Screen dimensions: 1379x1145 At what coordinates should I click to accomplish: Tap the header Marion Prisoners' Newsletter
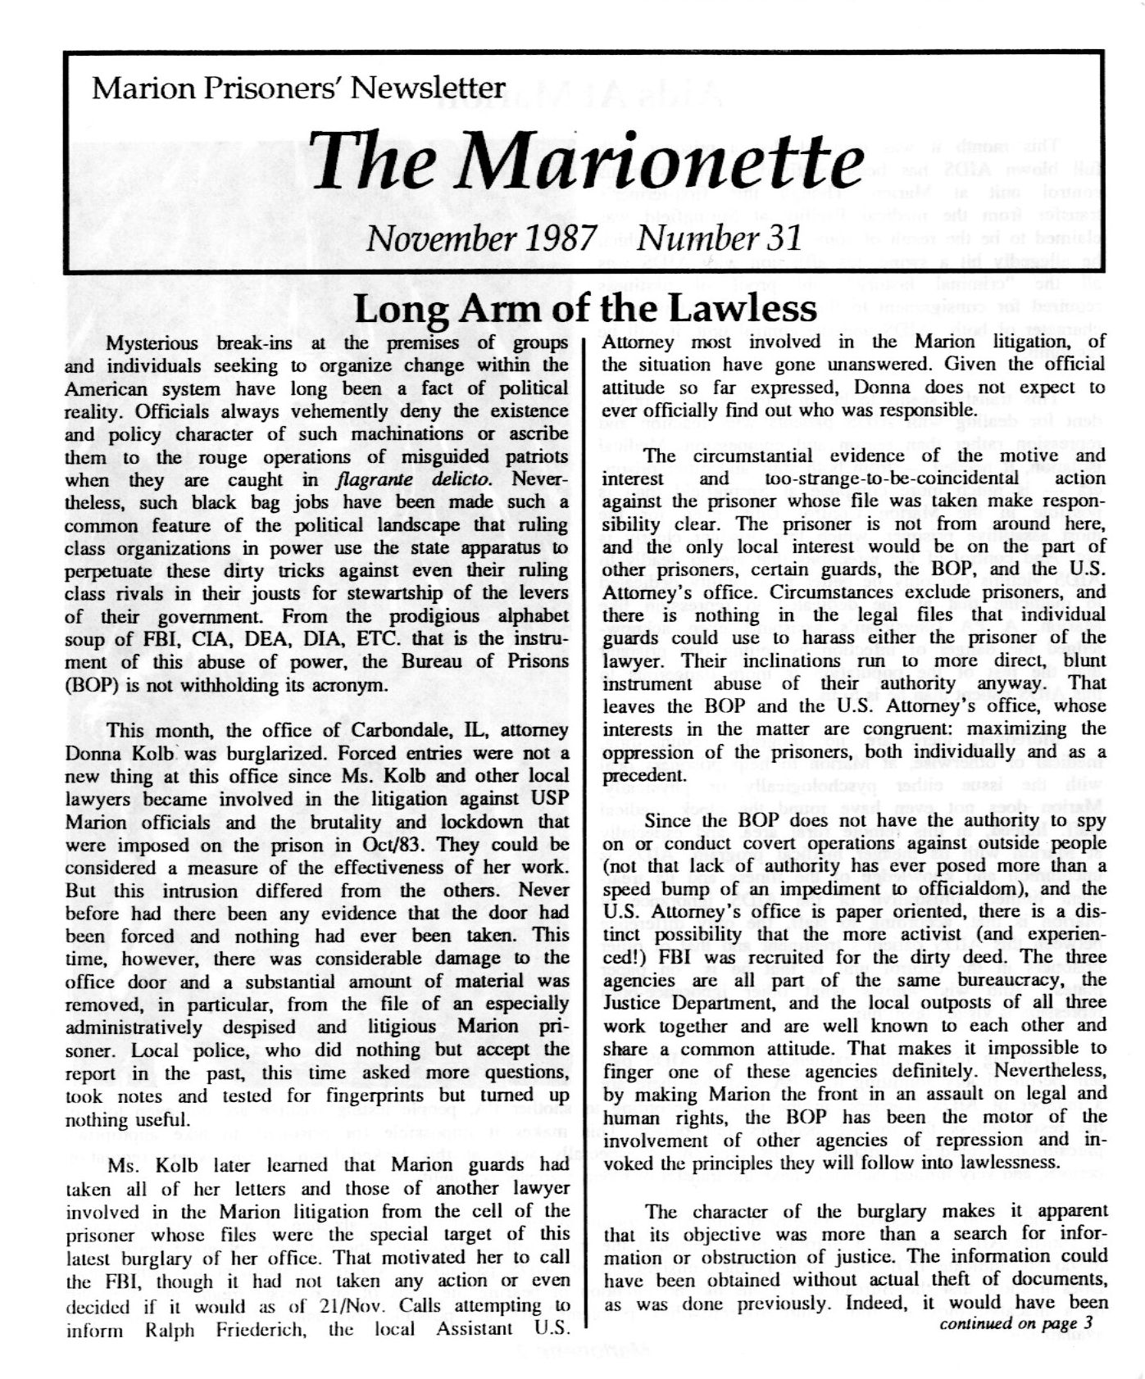[x=298, y=87]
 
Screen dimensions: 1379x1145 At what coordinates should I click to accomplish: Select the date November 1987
[x=481, y=238]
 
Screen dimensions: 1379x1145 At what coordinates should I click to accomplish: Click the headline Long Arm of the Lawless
[x=585, y=309]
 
